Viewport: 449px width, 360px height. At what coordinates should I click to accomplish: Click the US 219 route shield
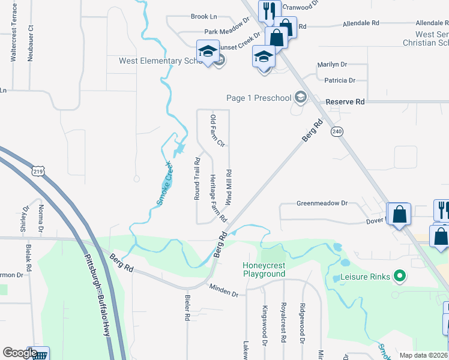(x=38, y=172)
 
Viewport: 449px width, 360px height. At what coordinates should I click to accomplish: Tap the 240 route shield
(x=337, y=131)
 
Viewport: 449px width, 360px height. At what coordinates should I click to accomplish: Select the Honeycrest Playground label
(x=264, y=269)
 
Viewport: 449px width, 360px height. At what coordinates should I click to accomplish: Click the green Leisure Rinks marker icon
(x=399, y=277)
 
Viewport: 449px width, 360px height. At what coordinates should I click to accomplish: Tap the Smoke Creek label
(x=164, y=183)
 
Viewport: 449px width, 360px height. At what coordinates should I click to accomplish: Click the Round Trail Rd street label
(x=197, y=178)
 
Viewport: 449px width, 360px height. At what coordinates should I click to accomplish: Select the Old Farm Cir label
(x=216, y=131)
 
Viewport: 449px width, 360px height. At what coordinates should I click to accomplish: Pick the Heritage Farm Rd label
(x=217, y=197)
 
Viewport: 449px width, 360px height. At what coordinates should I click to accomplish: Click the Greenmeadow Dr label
(x=322, y=203)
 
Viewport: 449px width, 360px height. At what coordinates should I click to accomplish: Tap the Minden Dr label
(x=224, y=290)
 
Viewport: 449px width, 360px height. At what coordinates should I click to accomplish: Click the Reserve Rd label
(x=345, y=102)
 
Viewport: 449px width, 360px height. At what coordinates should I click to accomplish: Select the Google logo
(x=20, y=352)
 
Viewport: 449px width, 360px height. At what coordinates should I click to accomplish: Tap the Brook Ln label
(x=203, y=17)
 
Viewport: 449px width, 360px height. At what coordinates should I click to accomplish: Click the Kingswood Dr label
(x=264, y=325)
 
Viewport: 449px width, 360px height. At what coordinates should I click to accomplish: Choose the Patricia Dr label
(x=340, y=80)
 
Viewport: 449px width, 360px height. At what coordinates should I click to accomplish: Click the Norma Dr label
(x=41, y=218)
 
